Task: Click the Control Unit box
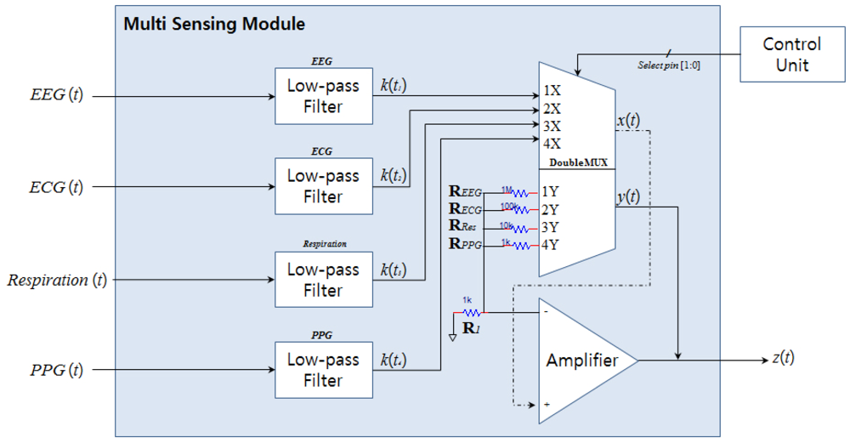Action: (791, 54)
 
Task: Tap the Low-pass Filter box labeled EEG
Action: (324, 96)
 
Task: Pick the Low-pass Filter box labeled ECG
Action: (324, 187)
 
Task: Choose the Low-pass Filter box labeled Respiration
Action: (324, 280)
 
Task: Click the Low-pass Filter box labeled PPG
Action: (324, 371)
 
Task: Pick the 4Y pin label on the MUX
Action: (551, 245)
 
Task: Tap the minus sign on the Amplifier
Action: (545, 311)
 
